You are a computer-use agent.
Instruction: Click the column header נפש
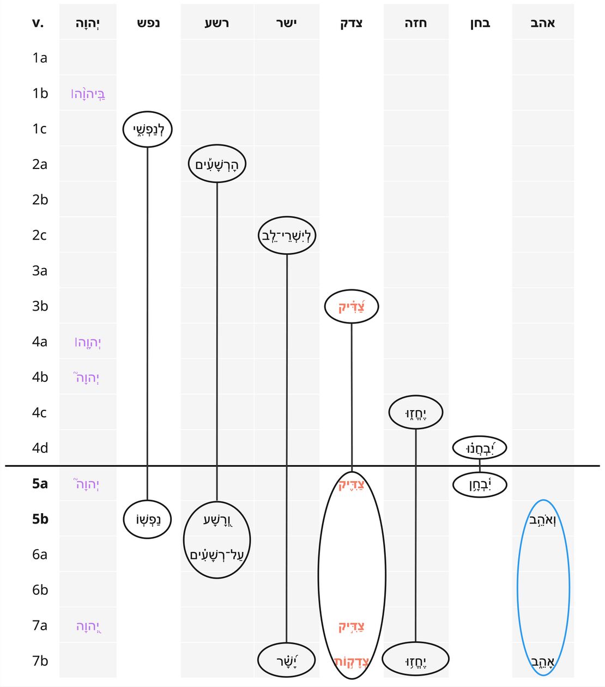pyautogui.click(x=148, y=23)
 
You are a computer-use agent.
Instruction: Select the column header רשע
pyautogui.click(x=217, y=23)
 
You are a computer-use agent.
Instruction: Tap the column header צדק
pyautogui.click(x=351, y=23)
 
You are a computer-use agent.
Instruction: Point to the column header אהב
pyautogui.click(x=542, y=23)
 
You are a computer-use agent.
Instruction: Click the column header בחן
pyautogui.click(x=480, y=23)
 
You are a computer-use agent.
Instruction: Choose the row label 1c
pyautogui.click(x=39, y=129)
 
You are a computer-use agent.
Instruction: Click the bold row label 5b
pyautogui.click(x=40, y=519)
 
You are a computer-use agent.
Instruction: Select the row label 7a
pyautogui.click(x=40, y=625)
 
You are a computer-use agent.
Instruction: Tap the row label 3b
pyautogui.click(x=40, y=306)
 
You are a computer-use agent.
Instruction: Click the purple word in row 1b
pyautogui.click(x=88, y=94)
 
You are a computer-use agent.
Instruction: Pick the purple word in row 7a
pyautogui.click(x=88, y=626)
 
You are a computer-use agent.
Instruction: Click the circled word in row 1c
pyautogui.click(x=148, y=129)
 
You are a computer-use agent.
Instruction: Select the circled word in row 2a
pyautogui.click(x=217, y=165)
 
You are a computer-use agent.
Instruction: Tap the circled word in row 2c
pyautogui.click(x=286, y=235)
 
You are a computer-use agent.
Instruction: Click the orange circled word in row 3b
pyautogui.click(x=352, y=307)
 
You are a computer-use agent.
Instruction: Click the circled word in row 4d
pyautogui.click(x=480, y=448)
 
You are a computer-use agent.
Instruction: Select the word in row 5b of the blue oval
pyautogui.click(x=542, y=520)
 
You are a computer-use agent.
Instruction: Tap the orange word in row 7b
pyautogui.click(x=352, y=661)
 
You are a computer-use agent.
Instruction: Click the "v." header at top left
pyautogui.click(x=38, y=23)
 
